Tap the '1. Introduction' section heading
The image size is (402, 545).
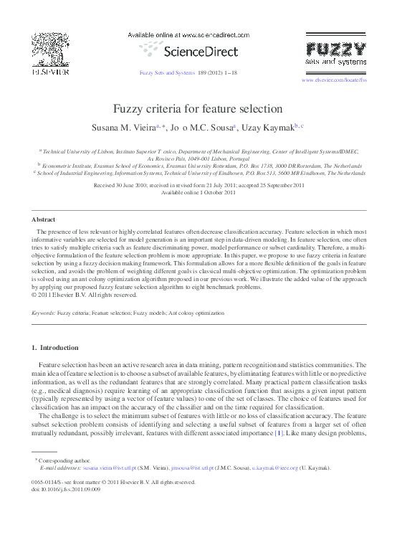[55, 348]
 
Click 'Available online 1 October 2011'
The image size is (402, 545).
[198, 192]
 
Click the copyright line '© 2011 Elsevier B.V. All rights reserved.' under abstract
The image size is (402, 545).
[84, 294]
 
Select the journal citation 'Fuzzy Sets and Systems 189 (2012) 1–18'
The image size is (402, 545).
[188, 72]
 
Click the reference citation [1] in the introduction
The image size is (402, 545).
[279, 434]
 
